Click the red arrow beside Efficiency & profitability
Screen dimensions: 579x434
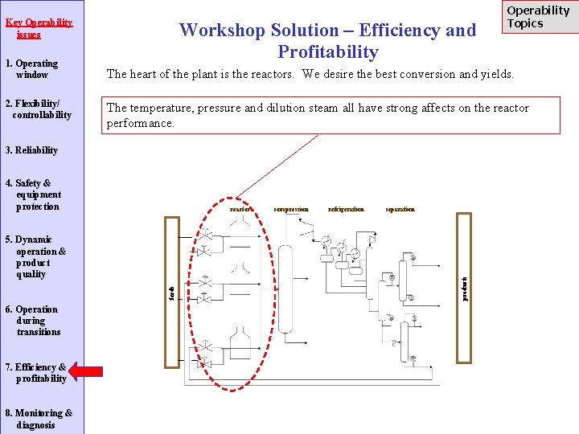[x=85, y=371]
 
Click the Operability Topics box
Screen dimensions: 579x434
[x=538, y=17]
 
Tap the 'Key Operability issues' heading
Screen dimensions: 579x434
[x=39, y=28]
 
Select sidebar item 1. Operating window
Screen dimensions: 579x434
[x=31, y=69]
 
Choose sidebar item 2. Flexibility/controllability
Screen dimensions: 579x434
[x=38, y=109]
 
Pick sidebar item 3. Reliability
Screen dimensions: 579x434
[x=31, y=150]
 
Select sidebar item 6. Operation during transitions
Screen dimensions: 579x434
[x=36, y=321]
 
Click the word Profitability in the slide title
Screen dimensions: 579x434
[x=327, y=52]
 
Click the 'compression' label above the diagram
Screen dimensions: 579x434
[x=291, y=209]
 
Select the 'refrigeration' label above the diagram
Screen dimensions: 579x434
[x=346, y=209]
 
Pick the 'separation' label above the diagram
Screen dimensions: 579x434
[x=400, y=209]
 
